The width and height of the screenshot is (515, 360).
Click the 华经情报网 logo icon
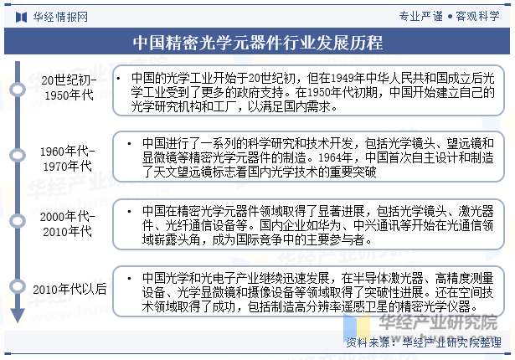(21, 17)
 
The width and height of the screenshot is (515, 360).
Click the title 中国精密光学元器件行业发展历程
(258, 43)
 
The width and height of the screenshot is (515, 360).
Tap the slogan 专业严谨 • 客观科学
(449, 16)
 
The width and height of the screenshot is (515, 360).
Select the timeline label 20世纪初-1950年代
(69, 87)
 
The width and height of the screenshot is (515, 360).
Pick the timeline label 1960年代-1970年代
(67, 158)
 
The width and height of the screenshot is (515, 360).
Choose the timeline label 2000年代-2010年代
(67, 224)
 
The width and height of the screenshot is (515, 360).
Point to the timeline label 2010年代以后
(70, 289)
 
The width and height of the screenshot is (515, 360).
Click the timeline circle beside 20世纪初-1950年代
(18, 90)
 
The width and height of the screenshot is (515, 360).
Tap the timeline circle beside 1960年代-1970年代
(18, 156)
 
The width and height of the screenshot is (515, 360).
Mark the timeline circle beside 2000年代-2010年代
(18, 221)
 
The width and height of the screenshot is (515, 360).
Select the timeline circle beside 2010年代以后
(18, 286)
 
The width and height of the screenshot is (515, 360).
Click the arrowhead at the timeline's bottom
(18, 316)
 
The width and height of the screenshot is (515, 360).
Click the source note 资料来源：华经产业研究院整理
(424, 342)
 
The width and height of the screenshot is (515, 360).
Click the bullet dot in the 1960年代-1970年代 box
(130, 144)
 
